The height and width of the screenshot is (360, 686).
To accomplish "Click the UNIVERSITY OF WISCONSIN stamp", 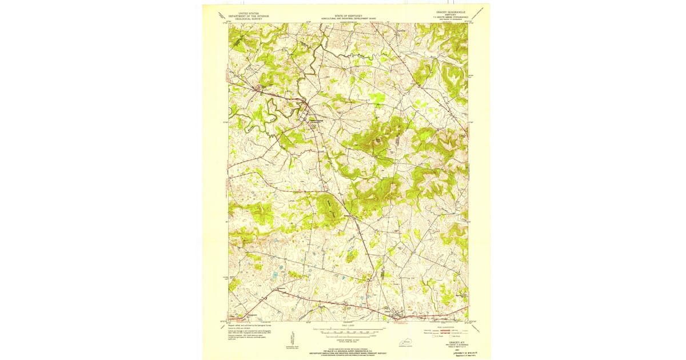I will coord(451,353).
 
